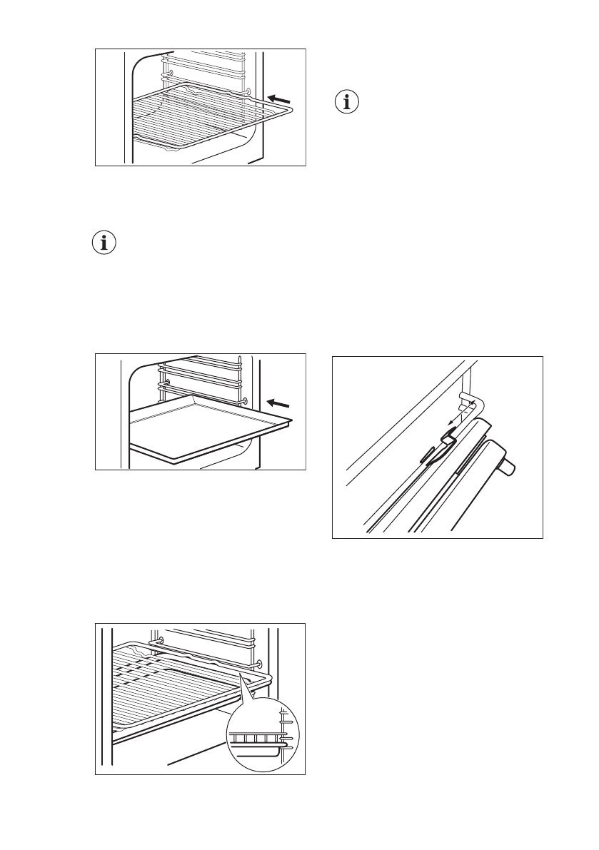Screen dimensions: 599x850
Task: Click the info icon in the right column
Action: pyautogui.click(x=348, y=103)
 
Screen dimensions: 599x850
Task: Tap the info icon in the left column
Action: pyautogui.click(x=105, y=243)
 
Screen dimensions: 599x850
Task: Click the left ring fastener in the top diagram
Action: pyautogui.click(x=166, y=72)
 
